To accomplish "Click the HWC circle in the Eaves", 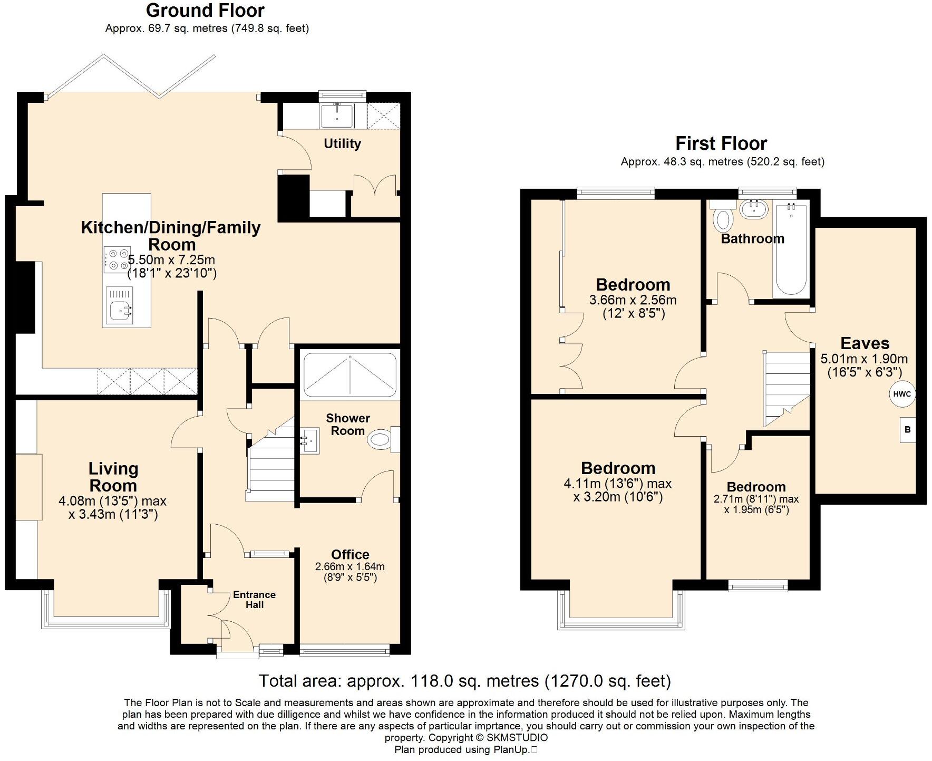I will coord(902,394).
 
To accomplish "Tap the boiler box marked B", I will coord(907,430).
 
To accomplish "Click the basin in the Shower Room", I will coord(310,440).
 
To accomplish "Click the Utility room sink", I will coord(337,115).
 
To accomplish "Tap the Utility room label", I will coord(342,143).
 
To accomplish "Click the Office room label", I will coord(350,554).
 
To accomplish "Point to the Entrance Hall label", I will coord(254,600).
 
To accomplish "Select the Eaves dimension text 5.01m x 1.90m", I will coord(864,359).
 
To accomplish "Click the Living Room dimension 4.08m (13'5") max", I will coord(113,500).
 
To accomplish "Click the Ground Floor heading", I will coord(205,10).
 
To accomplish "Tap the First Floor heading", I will coord(721,143).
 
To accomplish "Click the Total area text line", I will coord(464,681).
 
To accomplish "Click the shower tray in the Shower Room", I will coord(349,375).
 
